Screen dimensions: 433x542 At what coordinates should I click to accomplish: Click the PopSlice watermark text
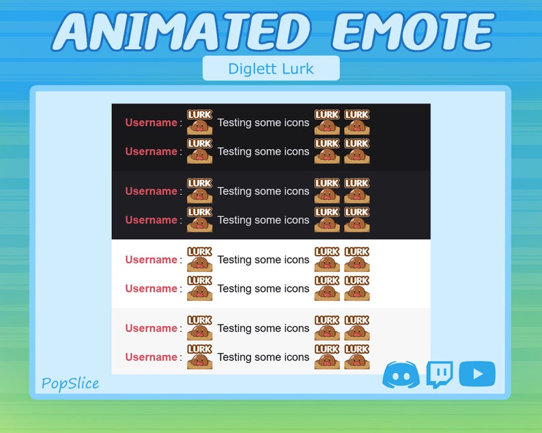tap(70, 383)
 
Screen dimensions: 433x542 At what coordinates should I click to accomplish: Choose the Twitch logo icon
tap(439, 374)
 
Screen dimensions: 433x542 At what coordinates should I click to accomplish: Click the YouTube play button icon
tap(477, 374)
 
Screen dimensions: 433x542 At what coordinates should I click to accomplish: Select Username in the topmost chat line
tap(151, 123)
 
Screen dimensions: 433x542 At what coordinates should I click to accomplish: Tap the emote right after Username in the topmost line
tap(199, 122)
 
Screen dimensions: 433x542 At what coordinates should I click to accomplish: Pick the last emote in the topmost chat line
tap(356, 122)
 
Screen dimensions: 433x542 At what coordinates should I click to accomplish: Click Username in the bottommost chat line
tap(151, 357)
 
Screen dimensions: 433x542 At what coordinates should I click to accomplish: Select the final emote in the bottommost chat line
tap(356, 357)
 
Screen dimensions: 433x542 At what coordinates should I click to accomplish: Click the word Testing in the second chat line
tap(234, 151)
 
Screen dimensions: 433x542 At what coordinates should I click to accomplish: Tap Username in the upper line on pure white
tap(151, 260)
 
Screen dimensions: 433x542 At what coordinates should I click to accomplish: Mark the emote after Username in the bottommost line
tap(199, 357)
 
